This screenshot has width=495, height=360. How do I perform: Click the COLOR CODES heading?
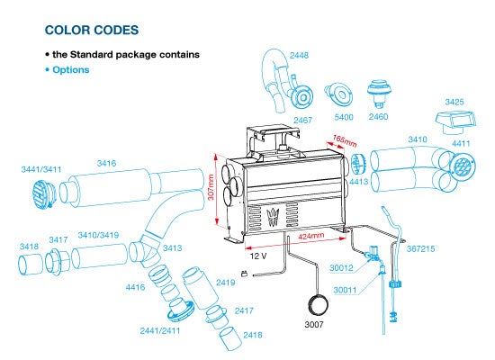[x=92, y=30]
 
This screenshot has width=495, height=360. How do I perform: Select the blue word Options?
[x=71, y=70]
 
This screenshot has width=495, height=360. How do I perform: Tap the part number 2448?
[x=299, y=55]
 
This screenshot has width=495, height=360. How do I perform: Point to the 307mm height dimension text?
[x=211, y=187]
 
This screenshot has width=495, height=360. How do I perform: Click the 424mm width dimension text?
[x=311, y=236]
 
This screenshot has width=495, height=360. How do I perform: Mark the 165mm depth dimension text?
[x=345, y=140]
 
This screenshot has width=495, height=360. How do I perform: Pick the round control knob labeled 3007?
[x=318, y=305]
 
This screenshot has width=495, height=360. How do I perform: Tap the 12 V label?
[x=258, y=256]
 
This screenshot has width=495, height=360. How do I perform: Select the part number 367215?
[x=420, y=248]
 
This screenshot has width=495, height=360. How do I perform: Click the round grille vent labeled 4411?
[x=463, y=166]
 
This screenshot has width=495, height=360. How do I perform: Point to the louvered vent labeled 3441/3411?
[x=43, y=194]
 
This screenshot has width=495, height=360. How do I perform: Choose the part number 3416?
[x=106, y=163]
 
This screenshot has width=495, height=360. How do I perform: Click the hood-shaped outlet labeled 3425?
[x=454, y=121]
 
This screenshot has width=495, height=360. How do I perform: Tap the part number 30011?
[x=345, y=290]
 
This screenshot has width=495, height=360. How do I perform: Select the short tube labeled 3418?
[x=30, y=265]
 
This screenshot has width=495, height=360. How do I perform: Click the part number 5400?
[x=344, y=118]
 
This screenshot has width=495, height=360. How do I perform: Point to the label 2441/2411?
[x=160, y=330]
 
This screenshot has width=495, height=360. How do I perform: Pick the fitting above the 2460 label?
[x=379, y=93]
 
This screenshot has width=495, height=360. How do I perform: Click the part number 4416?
[x=135, y=287]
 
